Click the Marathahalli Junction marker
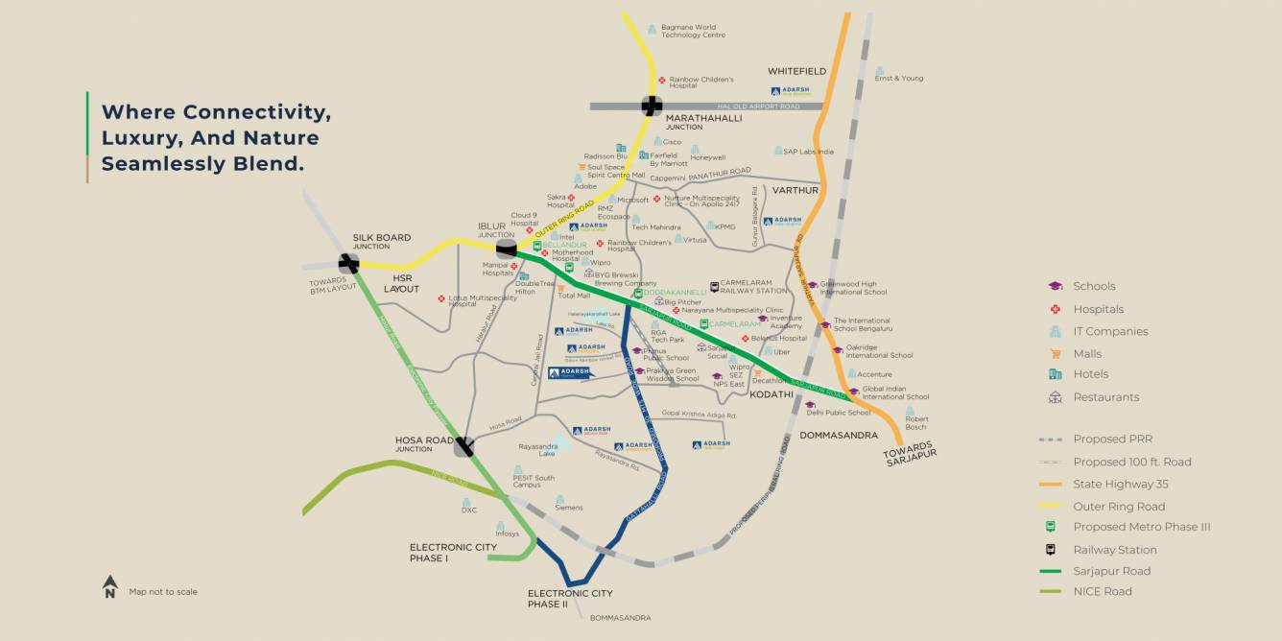click(x=652, y=106)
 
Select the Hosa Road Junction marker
click(x=464, y=446)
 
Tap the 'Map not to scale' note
click(x=163, y=592)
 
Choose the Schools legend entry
click(x=1094, y=286)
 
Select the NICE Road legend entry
click(x=1103, y=591)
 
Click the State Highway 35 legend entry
click(x=1121, y=484)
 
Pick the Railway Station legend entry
click(x=1114, y=550)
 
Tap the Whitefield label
click(x=796, y=71)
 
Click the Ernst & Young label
click(x=898, y=79)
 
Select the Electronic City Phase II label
click(x=570, y=599)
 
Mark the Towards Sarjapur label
click(x=910, y=452)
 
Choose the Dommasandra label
click(x=839, y=435)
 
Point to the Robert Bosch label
click(x=916, y=423)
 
